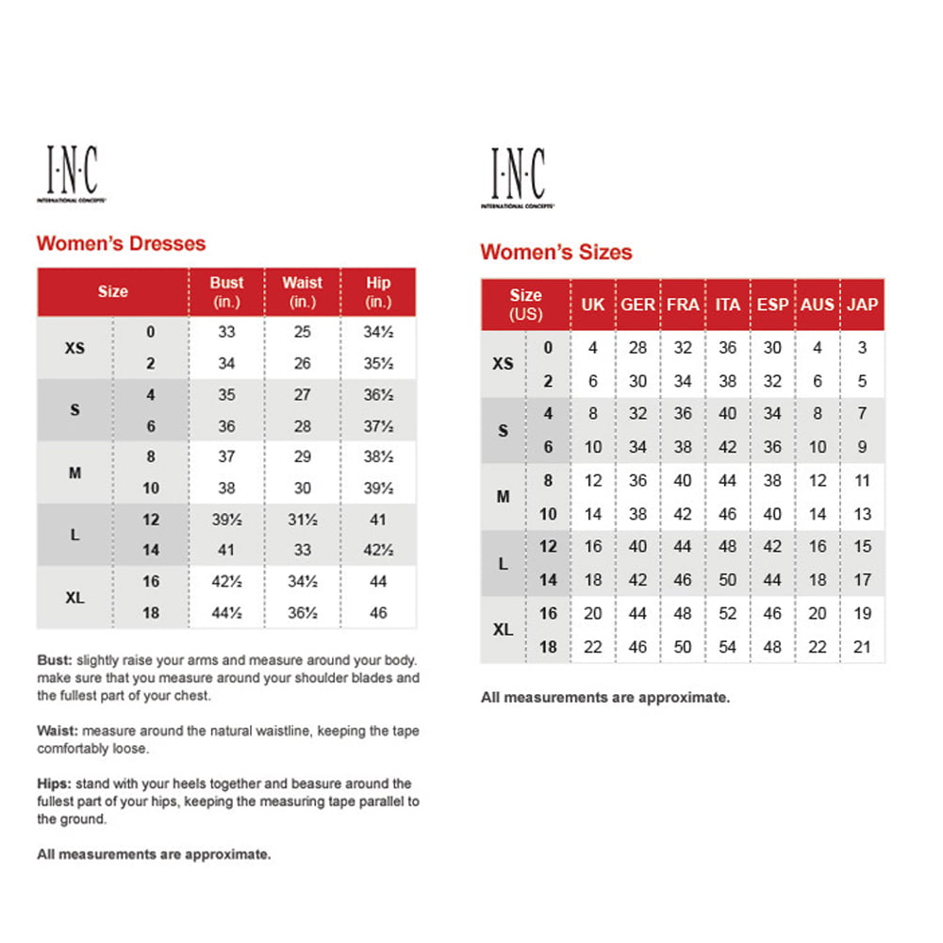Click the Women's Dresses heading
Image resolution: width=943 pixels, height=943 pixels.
click(x=121, y=243)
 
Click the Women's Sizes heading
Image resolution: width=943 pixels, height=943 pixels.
click(x=556, y=252)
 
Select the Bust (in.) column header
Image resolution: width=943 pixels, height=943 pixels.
click(x=226, y=291)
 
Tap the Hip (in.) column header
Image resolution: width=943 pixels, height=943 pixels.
click(x=378, y=291)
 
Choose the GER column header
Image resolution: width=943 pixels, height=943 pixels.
click(x=637, y=305)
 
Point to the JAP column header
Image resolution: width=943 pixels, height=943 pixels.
click(x=862, y=305)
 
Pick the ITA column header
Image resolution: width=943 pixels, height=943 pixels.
click(x=727, y=305)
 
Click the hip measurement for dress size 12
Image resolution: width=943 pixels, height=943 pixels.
click(x=378, y=520)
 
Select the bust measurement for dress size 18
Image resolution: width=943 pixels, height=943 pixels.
click(x=226, y=613)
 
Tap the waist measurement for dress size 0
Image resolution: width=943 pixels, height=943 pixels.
click(x=302, y=332)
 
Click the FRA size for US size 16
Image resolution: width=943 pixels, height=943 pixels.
click(x=683, y=614)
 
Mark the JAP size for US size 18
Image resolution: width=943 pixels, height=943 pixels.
click(x=862, y=648)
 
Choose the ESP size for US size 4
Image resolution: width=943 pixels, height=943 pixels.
click(x=772, y=414)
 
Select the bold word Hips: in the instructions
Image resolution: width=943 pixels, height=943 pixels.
click(x=54, y=784)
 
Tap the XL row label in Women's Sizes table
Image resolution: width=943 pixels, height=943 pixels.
click(x=504, y=630)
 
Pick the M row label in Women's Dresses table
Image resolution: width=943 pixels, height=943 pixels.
click(x=74, y=472)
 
